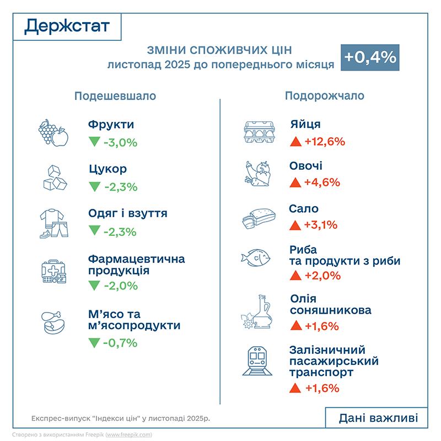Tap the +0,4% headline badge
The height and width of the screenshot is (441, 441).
tap(369, 57)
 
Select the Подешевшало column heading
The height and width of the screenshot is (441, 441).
tap(115, 96)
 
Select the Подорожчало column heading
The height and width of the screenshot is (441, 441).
tap(324, 95)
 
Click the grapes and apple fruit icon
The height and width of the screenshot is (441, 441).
tap(52, 132)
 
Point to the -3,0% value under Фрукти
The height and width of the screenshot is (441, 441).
tap(120, 143)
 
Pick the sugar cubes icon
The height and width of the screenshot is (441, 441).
tap(55, 178)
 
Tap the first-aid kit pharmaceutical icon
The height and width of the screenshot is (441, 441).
tap(53, 270)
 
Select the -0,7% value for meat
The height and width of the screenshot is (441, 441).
tap(120, 343)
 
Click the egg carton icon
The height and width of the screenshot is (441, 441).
tap(259, 132)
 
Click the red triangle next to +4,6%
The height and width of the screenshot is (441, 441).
tap(295, 182)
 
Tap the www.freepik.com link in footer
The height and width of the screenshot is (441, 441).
tap(128, 434)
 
